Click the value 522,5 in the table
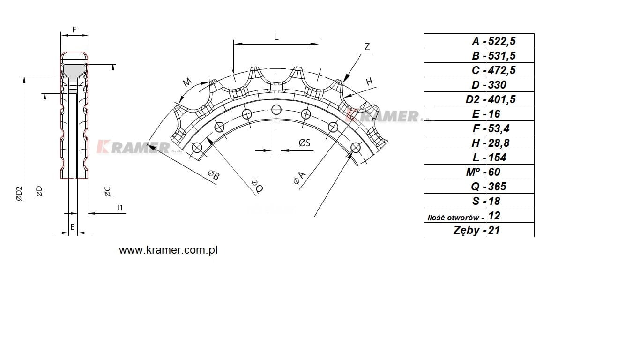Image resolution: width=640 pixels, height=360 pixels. (x=505, y=41)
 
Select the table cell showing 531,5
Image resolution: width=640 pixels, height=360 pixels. (x=505, y=56)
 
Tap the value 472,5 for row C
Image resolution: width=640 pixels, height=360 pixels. (x=505, y=70)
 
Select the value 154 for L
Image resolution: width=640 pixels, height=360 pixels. (x=497, y=157)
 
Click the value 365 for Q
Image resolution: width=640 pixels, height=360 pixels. (x=497, y=187)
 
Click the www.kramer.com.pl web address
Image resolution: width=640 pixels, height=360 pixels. (x=168, y=250)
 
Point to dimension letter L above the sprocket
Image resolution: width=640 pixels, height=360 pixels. (x=276, y=36)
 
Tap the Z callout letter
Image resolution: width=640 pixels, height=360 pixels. (x=367, y=47)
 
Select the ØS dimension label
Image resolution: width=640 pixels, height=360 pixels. (x=305, y=143)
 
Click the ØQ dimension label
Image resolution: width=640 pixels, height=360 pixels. (x=257, y=186)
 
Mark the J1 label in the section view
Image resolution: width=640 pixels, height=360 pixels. (x=120, y=208)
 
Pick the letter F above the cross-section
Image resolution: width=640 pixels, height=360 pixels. (x=74, y=29)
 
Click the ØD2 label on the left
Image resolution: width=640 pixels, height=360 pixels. (x=19, y=194)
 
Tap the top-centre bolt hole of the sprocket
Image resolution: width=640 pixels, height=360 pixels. (x=276, y=110)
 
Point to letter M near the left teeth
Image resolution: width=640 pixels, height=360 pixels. (x=187, y=82)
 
